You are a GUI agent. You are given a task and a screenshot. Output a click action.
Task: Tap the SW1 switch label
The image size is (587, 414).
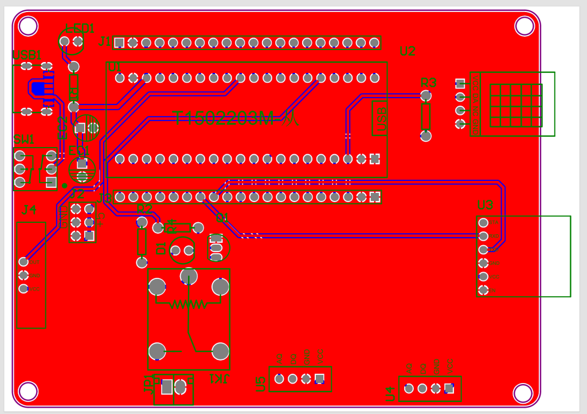(24, 140)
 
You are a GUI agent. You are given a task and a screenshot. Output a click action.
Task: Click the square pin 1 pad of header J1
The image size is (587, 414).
(119, 42)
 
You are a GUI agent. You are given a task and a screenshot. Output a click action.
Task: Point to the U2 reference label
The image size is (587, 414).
(407, 52)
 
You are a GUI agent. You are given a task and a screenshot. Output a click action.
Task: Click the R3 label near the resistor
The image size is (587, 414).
(428, 82)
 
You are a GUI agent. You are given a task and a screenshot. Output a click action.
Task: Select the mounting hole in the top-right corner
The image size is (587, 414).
(524, 25)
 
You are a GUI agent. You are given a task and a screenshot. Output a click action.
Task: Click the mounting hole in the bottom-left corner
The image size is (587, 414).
(28, 391)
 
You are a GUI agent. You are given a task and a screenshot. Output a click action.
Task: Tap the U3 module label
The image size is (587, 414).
(485, 205)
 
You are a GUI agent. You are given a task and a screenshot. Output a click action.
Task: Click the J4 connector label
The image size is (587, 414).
(29, 210)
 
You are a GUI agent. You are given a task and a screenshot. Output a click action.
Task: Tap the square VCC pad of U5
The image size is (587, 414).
(319, 378)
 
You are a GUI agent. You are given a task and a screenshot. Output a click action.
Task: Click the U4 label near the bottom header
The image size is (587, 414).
(390, 393)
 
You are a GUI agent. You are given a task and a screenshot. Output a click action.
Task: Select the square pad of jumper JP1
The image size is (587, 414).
(167, 387)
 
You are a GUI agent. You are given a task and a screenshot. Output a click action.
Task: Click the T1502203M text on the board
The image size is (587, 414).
(224, 119)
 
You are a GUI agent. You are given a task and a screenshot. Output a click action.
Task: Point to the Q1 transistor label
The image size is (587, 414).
(222, 218)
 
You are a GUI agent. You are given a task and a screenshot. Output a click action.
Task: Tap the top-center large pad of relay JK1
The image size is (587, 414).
(189, 276)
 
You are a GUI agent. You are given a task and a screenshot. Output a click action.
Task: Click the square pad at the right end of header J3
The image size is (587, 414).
(374, 197)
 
